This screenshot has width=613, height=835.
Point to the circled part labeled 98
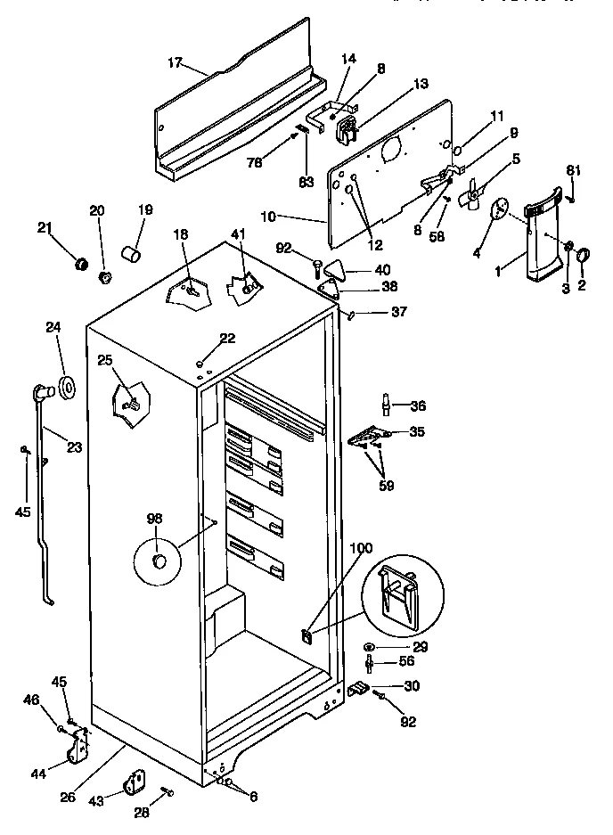[x=159, y=561]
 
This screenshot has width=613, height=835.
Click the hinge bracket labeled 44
[x=78, y=747]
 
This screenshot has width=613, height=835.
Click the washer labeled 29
[x=370, y=646]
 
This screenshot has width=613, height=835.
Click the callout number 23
[x=73, y=446]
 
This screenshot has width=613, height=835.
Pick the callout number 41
[x=236, y=234]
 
